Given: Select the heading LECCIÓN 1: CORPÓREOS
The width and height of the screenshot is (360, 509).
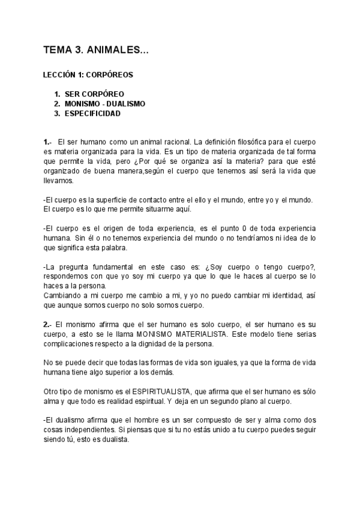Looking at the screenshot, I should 88,76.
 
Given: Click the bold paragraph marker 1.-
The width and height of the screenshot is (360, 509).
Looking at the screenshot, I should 48,142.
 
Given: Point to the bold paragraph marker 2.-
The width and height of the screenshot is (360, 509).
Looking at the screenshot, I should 48,324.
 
